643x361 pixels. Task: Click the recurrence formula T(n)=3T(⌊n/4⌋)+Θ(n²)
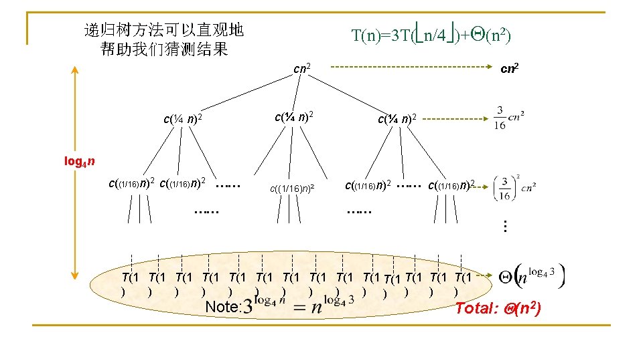(431, 33)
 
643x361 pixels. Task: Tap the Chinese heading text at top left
(163, 39)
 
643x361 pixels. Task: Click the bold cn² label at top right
(512, 68)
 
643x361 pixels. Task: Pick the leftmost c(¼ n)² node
(183, 120)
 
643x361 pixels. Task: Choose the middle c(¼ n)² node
(294, 118)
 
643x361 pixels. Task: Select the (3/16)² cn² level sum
(512, 188)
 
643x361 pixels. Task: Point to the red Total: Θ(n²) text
(498, 308)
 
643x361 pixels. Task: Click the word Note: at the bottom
(224, 307)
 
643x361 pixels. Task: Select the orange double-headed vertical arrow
(75, 170)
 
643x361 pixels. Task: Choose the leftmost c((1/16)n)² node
(132, 182)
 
